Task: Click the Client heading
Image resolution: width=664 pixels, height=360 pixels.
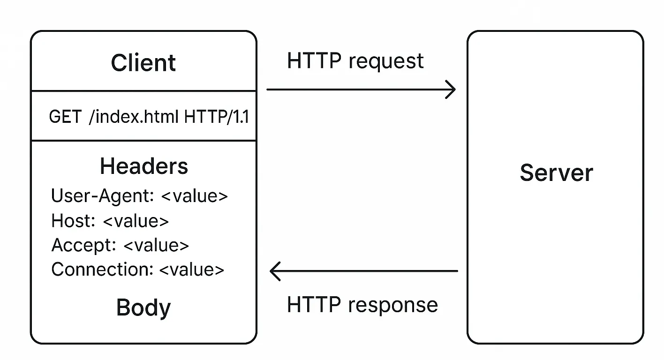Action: (143, 62)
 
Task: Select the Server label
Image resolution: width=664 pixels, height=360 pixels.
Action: (556, 173)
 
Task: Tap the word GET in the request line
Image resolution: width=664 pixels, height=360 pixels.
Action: (65, 117)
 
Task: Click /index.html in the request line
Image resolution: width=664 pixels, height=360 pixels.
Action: (133, 117)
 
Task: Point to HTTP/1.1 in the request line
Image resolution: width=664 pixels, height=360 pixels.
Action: (216, 117)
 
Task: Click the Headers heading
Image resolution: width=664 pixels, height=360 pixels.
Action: (144, 166)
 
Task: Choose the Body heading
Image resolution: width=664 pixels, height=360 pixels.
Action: (143, 307)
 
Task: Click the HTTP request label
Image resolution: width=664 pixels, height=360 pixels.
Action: (355, 61)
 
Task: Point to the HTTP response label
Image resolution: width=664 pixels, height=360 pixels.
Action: (362, 305)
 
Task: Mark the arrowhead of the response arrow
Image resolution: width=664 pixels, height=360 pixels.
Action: (275, 270)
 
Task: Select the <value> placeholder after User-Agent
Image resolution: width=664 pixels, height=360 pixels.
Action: (194, 196)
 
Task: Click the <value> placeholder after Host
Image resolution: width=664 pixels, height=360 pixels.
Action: (136, 221)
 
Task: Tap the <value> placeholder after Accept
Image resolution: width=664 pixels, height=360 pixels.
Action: (156, 245)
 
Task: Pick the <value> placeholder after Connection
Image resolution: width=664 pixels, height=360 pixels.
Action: (192, 270)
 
